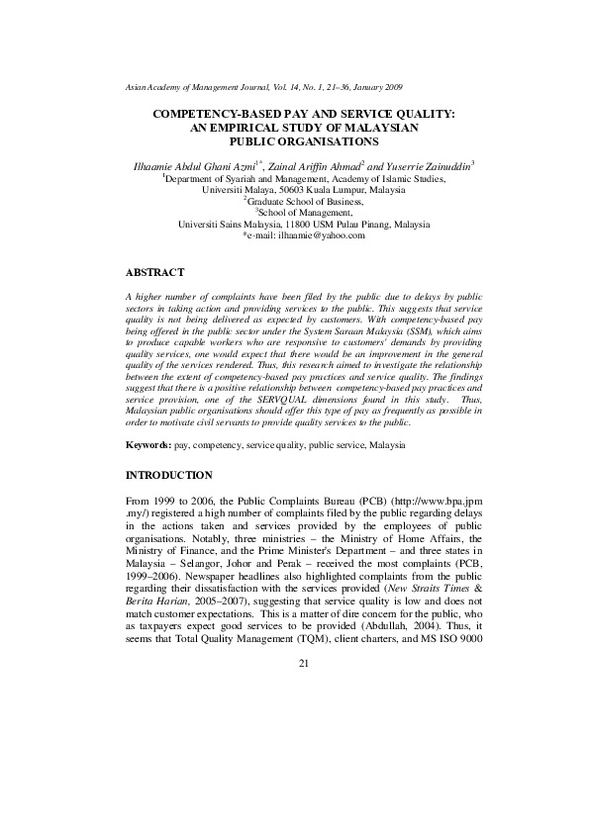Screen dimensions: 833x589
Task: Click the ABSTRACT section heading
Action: (x=154, y=270)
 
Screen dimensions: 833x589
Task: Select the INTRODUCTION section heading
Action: (x=169, y=475)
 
